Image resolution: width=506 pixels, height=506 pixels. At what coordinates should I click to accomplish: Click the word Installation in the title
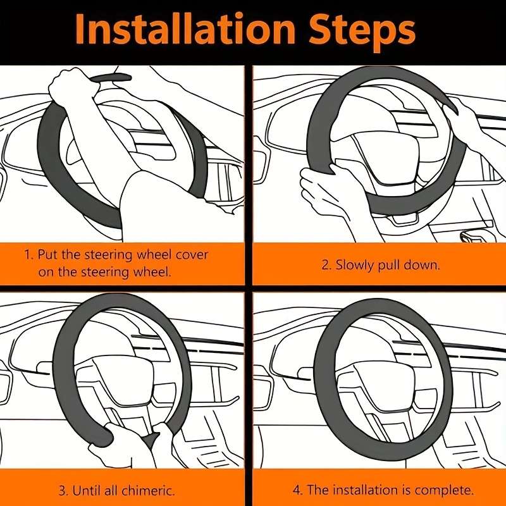(x=185, y=28)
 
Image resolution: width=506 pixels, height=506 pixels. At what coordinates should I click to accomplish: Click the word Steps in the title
(x=362, y=32)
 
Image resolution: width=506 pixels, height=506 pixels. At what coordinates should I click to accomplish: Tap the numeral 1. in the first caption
(x=29, y=255)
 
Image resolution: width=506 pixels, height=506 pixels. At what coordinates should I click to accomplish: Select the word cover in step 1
(x=192, y=255)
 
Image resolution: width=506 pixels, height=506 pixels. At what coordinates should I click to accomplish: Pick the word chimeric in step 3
(x=148, y=491)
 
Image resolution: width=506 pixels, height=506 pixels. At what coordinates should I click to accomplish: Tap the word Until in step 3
(x=86, y=491)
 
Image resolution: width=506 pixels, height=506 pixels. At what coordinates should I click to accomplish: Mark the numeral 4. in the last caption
(x=297, y=490)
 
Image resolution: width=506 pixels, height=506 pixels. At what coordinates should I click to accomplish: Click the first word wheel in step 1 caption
(x=154, y=255)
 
